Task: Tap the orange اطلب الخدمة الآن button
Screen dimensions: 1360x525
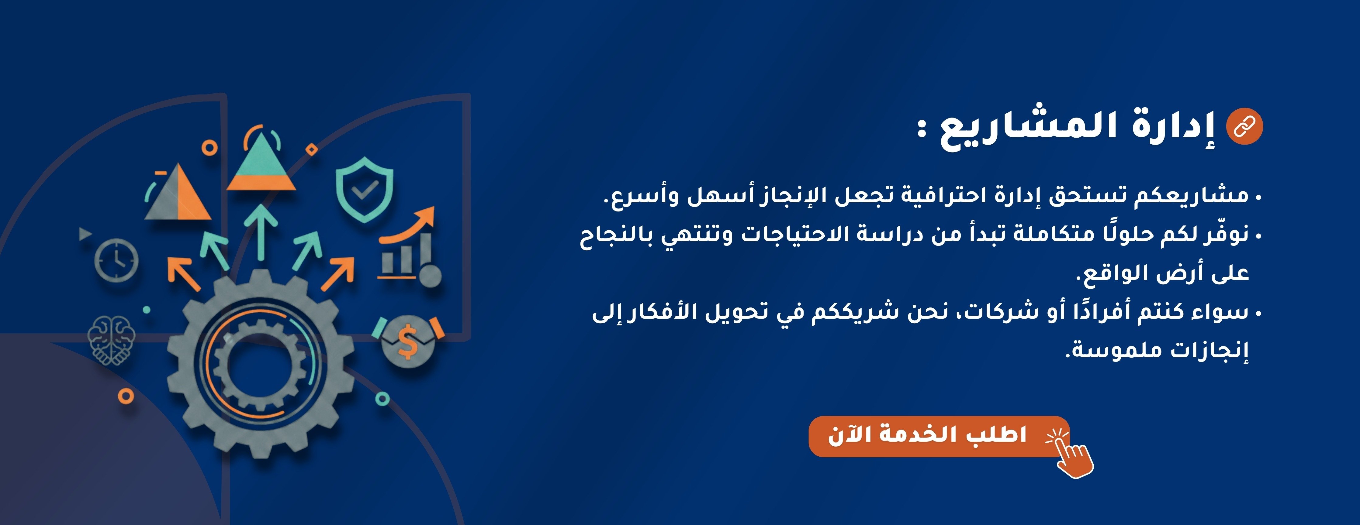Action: point(939,436)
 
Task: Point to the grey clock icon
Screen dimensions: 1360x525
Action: point(116,259)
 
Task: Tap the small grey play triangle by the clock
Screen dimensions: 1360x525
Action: point(85,233)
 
